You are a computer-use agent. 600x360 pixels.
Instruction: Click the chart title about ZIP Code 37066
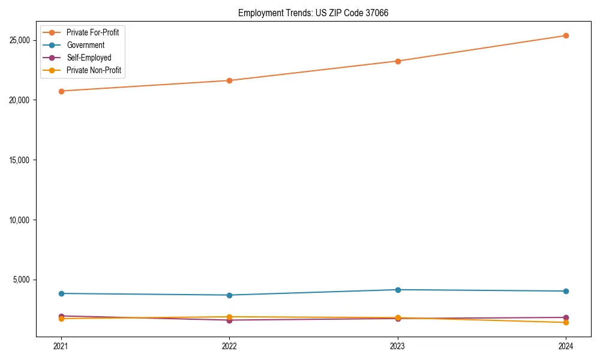[313, 13]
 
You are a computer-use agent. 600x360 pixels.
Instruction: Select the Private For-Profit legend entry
[92, 32]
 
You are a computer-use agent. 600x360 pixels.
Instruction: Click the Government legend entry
[85, 45]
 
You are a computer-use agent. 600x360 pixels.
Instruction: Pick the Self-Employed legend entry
[89, 58]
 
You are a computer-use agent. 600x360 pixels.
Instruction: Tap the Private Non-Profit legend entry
[94, 70]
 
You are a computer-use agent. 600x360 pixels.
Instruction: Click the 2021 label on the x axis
[61, 346]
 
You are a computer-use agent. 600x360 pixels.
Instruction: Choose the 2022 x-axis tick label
[229, 346]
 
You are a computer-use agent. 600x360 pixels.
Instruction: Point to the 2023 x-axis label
[397, 346]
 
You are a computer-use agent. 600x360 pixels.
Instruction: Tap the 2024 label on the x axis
[566, 346]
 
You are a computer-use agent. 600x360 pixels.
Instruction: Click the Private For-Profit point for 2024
[566, 35]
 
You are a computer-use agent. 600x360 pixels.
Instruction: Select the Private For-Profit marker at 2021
[61, 91]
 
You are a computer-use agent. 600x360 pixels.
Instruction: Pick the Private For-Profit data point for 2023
[397, 61]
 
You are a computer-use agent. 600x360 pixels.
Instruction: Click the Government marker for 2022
[229, 295]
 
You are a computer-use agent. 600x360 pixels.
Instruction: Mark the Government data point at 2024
[566, 291]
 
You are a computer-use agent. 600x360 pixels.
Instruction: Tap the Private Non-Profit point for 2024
[566, 323]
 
